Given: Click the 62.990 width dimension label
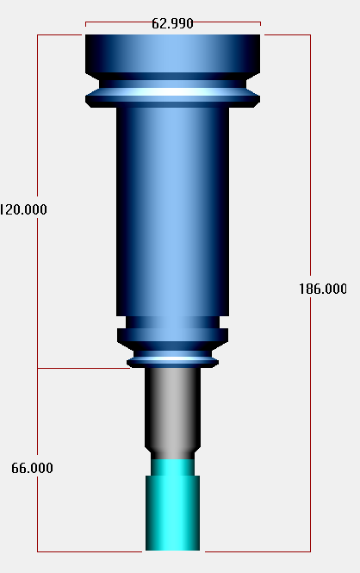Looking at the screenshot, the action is coord(172,24).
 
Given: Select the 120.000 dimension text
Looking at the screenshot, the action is coord(23,209).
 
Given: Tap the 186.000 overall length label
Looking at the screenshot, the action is coord(323,289).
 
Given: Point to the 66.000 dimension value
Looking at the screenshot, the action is coord(32,468).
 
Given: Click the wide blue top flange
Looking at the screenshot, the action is coord(173,53).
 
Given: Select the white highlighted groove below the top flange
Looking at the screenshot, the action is coord(173,91).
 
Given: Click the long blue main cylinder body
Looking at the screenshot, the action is coord(173,212).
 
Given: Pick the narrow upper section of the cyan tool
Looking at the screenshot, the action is coord(173,467).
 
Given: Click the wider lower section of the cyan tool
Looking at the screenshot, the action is coord(173,513).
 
